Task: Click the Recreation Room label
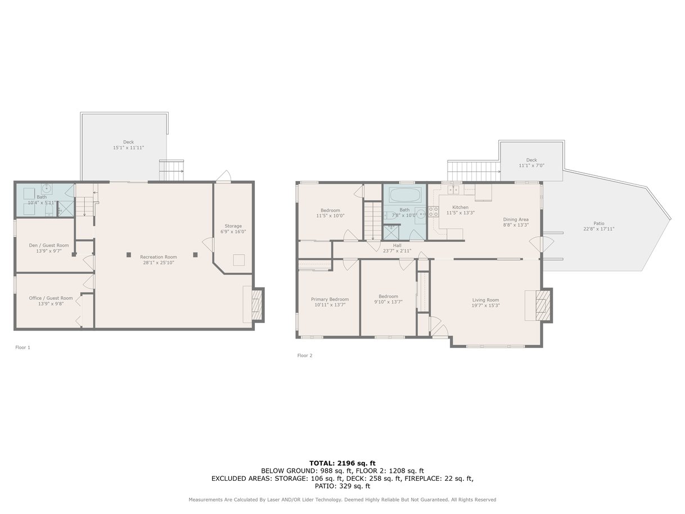pyautogui.click(x=158, y=257)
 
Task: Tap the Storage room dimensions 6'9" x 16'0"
pyautogui.click(x=233, y=232)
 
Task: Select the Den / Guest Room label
pyautogui.click(x=49, y=245)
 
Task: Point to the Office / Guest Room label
pyautogui.click(x=51, y=298)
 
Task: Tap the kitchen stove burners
pyautogui.click(x=433, y=211)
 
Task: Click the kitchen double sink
pyautogui.click(x=453, y=190)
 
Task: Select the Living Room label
pyautogui.click(x=485, y=300)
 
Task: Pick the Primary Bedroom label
pyautogui.click(x=330, y=299)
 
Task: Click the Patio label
pyautogui.click(x=598, y=223)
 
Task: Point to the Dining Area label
pyautogui.click(x=516, y=219)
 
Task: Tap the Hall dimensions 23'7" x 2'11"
pyautogui.click(x=397, y=251)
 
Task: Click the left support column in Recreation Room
pyautogui.click(x=129, y=255)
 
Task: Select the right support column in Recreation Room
pyautogui.click(x=195, y=255)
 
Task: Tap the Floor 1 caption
pyautogui.click(x=23, y=348)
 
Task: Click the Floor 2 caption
pyautogui.click(x=305, y=355)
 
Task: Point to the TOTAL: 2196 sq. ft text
pyautogui.click(x=342, y=463)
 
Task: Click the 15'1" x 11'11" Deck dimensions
pyautogui.click(x=128, y=147)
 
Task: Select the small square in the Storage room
pyautogui.click(x=239, y=260)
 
